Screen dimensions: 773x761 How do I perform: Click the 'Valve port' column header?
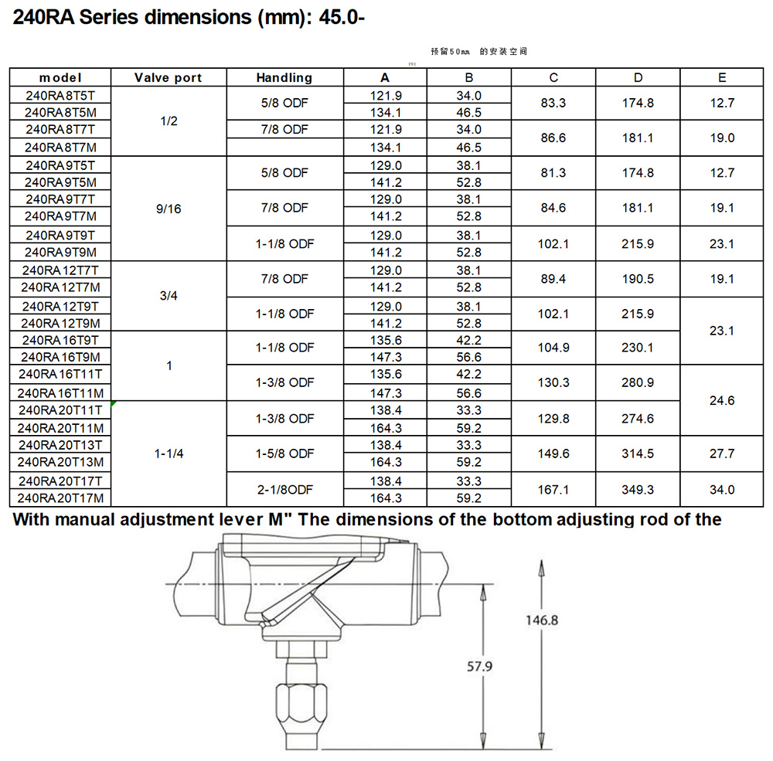(x=168, y=78)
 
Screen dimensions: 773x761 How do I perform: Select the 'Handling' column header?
(x=284, y=78)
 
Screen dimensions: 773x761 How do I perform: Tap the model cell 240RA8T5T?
(x=60, y=96)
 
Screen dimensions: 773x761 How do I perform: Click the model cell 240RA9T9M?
(x=60, y=253)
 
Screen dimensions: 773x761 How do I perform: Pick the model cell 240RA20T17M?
(x=60, y=498)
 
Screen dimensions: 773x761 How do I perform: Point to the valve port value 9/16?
(x=169, y=209)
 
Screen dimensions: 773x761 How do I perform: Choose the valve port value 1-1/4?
(x=169, y=454)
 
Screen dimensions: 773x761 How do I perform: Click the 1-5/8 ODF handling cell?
(x=284, y=454)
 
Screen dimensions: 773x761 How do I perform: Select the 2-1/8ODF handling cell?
(x=284, y=490)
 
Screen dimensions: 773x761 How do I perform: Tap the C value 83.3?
(x=553, y=103)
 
